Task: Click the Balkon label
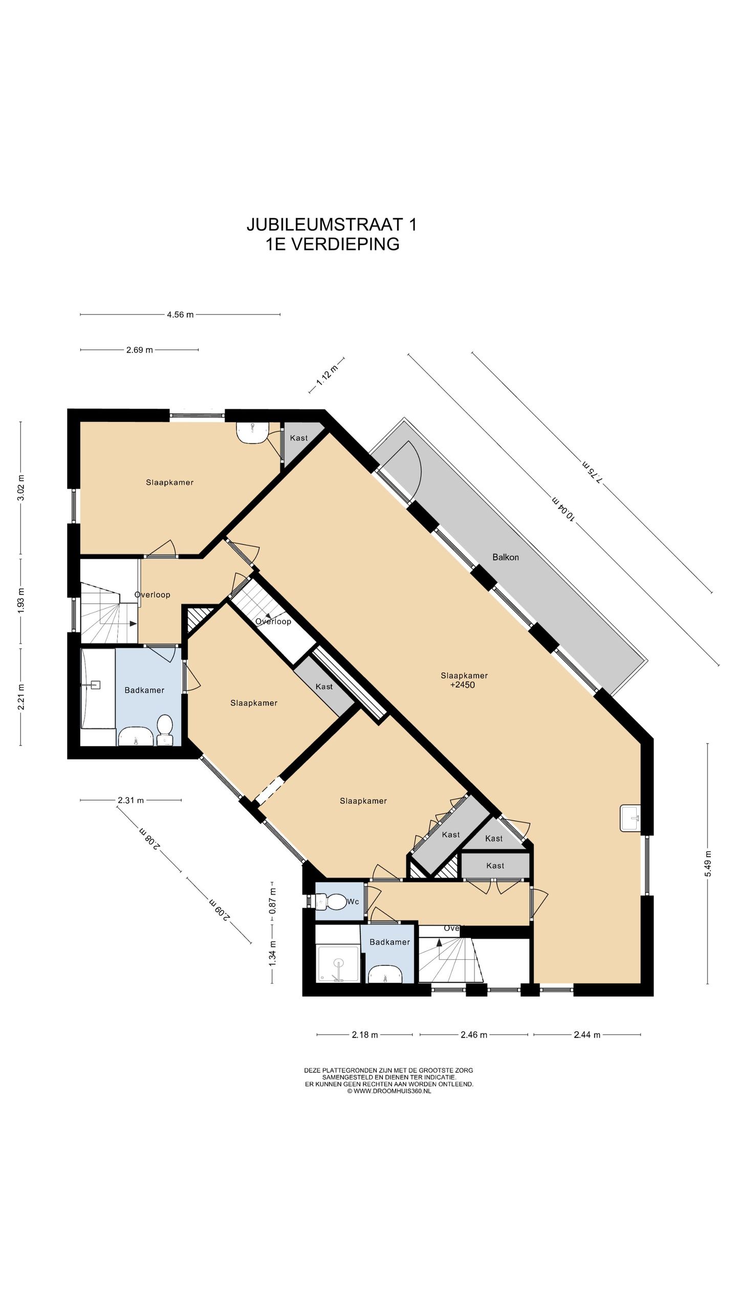(505, 557)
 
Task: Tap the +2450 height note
(462, 685)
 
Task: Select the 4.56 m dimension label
(180, 314)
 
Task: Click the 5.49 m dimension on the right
(708, 863)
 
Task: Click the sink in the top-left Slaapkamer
(252, 432)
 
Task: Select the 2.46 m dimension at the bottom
(473, 1034)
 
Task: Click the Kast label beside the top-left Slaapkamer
(299, 438)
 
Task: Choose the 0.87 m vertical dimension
(273, 901)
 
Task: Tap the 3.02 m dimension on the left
(21, 489)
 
